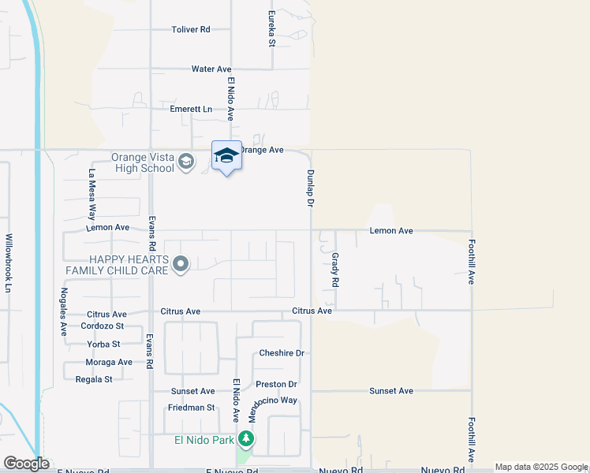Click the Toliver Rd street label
coord(191,29)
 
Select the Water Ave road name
coord(211,69)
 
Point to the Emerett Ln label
coord(191,109)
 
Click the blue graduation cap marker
coord(226,155)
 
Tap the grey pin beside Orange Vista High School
coord(185,162)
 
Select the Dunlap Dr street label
coord(311,188)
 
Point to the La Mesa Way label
coord(92,194)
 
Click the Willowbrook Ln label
coord(9,263)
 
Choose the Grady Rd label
coord(335,270)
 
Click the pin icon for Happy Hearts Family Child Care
coord(181,265)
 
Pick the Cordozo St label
coord(103,326)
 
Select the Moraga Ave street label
coord(109,363)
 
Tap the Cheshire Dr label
coord(282,353)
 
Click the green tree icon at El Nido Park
coord(247,439)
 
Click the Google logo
coord(26,464)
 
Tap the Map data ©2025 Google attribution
coord(540,467)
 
